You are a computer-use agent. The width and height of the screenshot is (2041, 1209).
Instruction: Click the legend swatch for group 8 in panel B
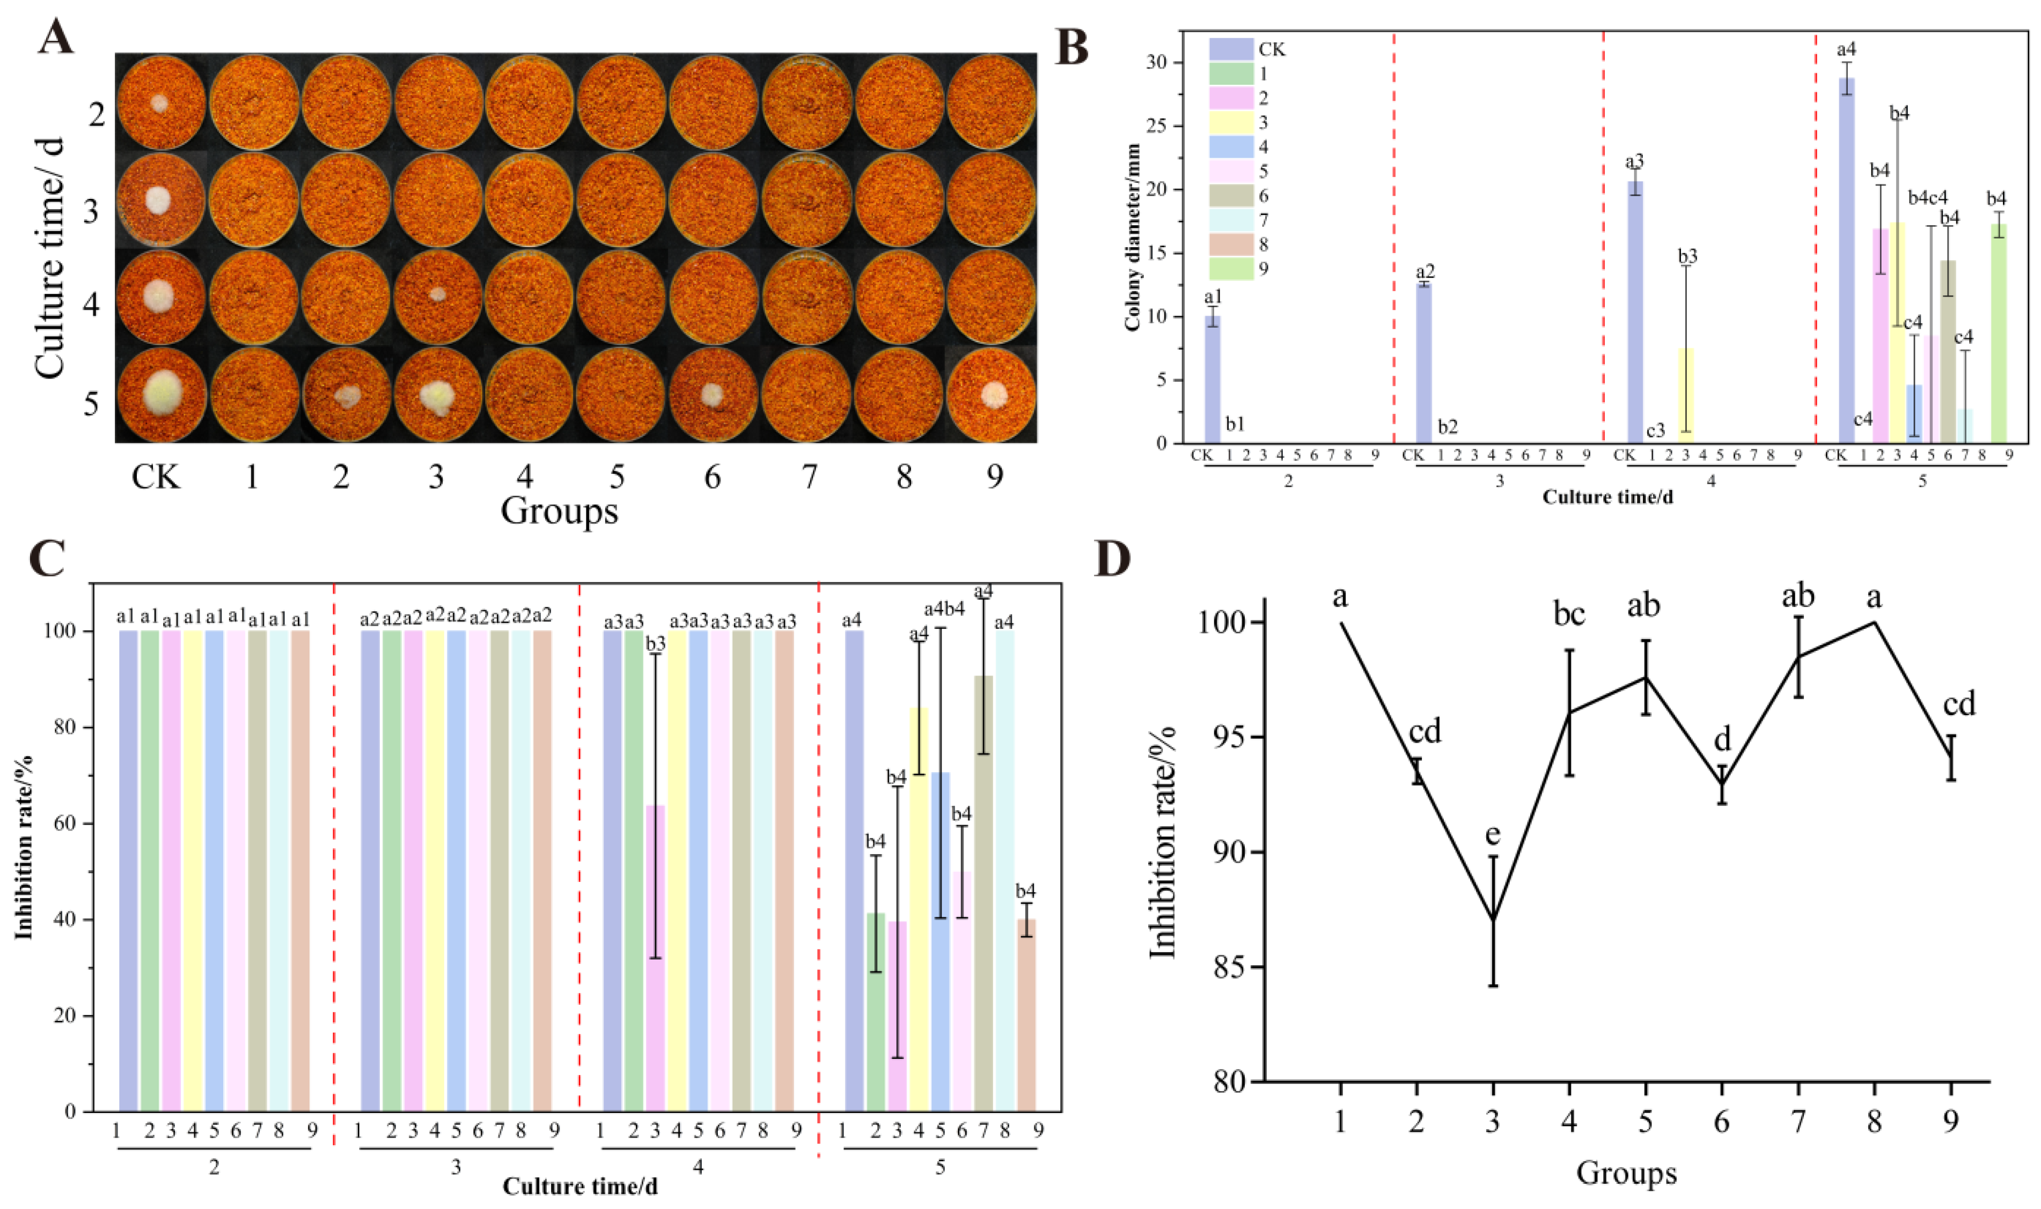(x=1230, y=244)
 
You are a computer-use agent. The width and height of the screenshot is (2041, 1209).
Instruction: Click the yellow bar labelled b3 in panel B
(x=1685, y=396)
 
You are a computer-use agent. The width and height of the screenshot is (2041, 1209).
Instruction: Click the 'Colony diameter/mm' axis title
(x=1133, y=236)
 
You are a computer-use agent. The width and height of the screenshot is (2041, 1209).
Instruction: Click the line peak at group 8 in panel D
(x=1875, y=622)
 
